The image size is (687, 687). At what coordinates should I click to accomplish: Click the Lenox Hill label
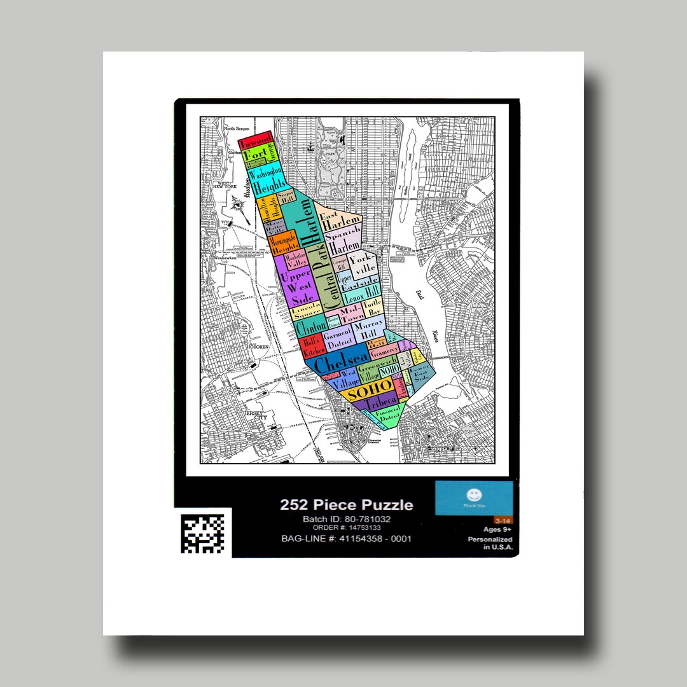[x=361, y=296]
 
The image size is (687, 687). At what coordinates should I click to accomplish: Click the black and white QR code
[x=202, y=532]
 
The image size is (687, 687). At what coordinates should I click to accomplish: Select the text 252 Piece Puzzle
[x=346, y=505]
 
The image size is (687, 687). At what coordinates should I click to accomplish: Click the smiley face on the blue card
[x=474, y=494]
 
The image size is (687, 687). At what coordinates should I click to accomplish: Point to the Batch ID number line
[x=346, y=519]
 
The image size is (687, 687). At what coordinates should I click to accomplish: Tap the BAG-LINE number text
[x=346, y=539]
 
